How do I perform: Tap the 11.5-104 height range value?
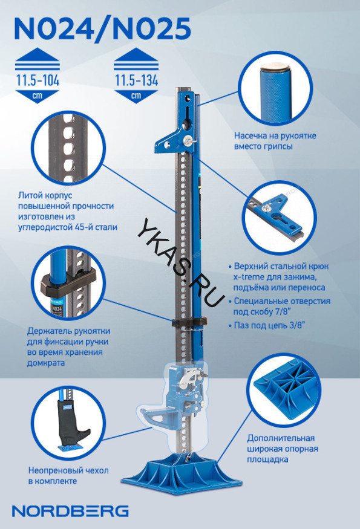point(38,80)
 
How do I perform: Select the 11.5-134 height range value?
point(136,80)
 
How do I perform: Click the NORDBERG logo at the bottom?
point(70,511)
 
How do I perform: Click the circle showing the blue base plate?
point(284,391)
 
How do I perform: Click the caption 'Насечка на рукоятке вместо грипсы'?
point(275,141)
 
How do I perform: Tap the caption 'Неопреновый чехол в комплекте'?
point(68,475)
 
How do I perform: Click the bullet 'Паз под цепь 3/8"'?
point(266,325)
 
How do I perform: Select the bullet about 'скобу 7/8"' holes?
point(278,306)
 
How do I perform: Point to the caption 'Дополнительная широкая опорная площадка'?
point(283,449)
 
